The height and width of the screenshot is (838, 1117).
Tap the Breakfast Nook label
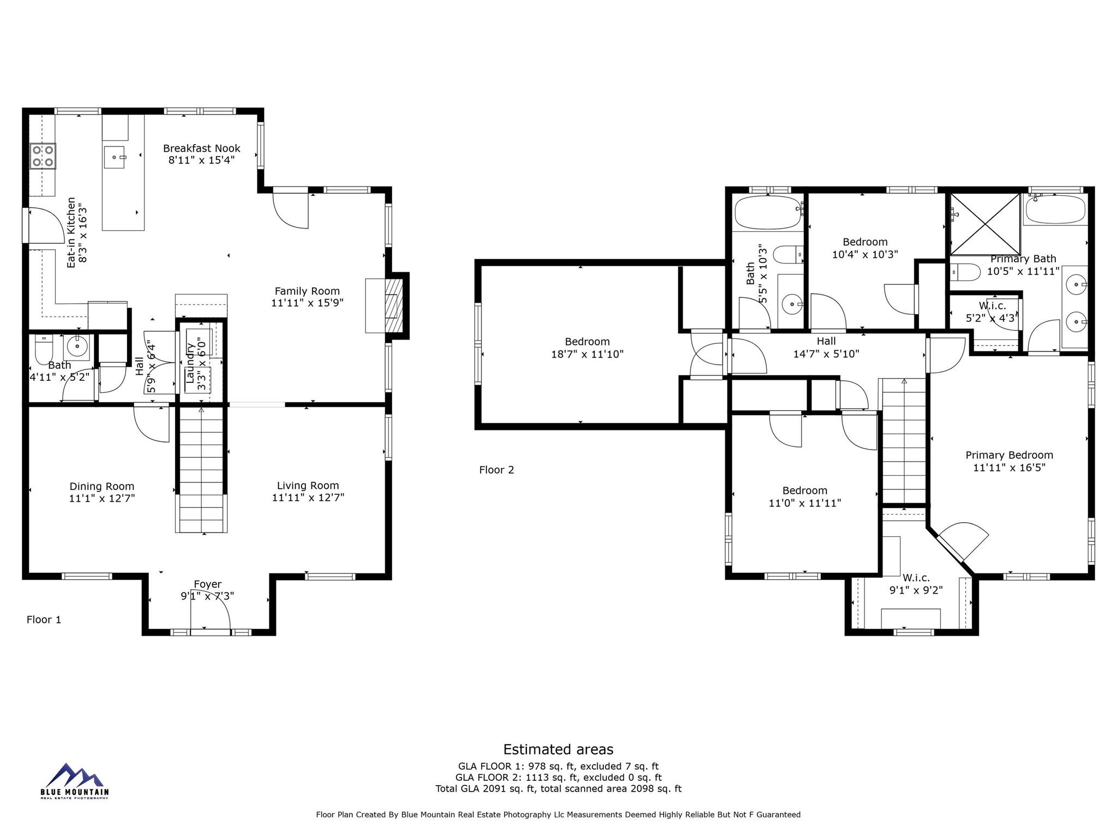click(201, 148)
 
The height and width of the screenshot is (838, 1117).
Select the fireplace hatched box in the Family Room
click(393, 306)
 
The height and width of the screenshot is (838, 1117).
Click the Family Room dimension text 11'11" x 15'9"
click(307, 303)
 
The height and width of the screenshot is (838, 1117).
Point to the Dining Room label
click(102, 486)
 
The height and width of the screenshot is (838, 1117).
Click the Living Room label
click(308, 485)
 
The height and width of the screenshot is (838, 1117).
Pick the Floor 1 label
click(44, 619)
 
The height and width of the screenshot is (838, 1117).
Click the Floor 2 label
click(496, 470)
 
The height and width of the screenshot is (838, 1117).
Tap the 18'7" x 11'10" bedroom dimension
click(587, 354)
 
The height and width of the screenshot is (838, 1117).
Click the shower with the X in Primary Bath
click(985, 224)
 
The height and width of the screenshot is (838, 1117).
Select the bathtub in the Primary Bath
click(1055, 210)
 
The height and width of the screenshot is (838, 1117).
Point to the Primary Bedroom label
click(1009, 455)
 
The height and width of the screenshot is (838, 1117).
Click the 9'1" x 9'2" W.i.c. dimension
click(916, 590)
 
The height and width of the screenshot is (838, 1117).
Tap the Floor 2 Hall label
click(826, 341)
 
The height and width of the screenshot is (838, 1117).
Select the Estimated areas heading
click(558, 749)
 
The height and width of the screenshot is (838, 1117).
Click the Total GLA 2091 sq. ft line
click(558, 788)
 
